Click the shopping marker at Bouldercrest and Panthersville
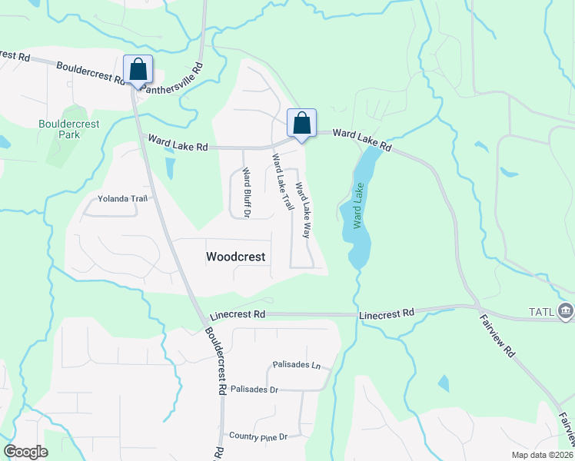[x=138, y=70]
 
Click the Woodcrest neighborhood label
[x=236, y=257]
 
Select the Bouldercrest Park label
[x=59, y=129]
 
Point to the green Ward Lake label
[x=357, y=205]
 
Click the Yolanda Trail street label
[x=121, y=198]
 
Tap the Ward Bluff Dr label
[x=246, y=192]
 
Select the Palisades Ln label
[x=296, y=365]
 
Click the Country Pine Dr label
[x=258, y=436]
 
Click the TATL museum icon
[x=567, y=310]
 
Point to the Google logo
[x=25, y=452]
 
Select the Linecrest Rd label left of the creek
[x=238, y=315]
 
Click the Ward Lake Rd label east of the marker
[x=363, y=140]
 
